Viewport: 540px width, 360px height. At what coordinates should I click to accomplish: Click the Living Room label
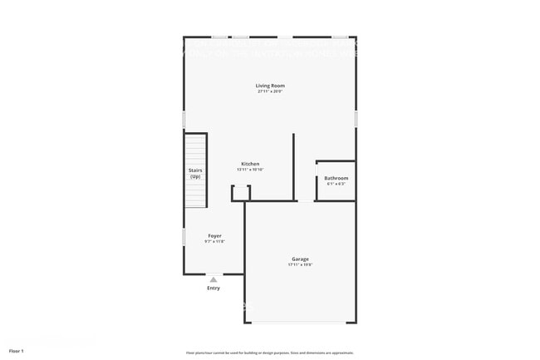[270, 86]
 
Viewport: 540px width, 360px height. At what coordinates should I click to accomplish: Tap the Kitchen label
[250, 164]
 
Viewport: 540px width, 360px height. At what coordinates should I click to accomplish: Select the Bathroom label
[336, 178]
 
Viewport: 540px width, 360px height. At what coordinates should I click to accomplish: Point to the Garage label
[300, 259]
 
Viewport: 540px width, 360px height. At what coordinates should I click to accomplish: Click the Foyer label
[214, 236]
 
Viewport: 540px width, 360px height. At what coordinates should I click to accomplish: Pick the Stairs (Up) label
[195, 173]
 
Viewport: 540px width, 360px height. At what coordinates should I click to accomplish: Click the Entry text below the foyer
[214, 288]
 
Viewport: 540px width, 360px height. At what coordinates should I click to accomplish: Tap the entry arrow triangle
[214, 279]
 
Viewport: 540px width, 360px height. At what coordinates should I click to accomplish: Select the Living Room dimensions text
[270, 91]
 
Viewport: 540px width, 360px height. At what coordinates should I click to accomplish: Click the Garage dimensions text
[300, 265]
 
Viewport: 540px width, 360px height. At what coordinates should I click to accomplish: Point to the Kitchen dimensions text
[250, 170]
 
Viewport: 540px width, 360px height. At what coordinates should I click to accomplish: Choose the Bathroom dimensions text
[336, 184]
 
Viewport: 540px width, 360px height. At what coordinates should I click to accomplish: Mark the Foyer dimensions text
[214, 242]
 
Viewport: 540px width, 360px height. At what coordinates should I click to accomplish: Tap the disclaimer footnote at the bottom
[269, 353]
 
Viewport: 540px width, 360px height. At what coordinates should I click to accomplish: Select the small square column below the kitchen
[240, 193]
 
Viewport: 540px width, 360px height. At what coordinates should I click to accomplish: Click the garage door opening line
[300, 323]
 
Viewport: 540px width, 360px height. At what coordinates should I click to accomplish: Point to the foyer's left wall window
[184, 237]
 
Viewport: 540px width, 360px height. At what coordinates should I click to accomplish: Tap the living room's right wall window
[356, 119]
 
